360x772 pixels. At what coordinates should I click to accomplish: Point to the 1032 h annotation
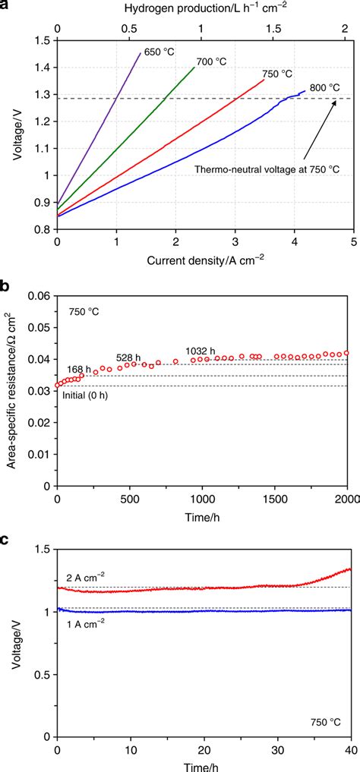pyautogui.click(x=201, y=351)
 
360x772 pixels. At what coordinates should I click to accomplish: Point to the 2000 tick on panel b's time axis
pyautogui.click(x=346, y=499)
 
